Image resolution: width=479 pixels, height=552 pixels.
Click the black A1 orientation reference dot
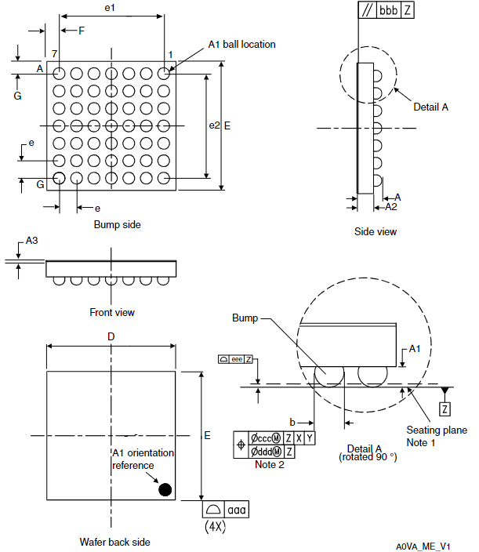[x=165, y=489]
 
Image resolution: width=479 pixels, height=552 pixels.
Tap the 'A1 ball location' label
[x=241, y=45]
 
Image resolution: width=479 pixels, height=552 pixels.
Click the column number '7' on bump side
[x=55, y=53]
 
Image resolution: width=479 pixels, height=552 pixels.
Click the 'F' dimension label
[x=81, y=31]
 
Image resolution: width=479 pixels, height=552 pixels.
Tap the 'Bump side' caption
[x=117, y=225]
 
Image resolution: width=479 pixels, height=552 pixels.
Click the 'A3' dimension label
[x=31, y=241]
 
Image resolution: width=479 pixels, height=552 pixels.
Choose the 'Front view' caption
[x=112, y=312]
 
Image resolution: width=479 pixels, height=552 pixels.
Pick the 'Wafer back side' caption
[x=114, y=542]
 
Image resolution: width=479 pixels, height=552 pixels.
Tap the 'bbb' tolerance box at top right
[x=388, y=10]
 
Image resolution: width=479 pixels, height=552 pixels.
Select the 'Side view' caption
[x=376, y=231]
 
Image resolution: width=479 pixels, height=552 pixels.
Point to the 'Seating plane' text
[x=437, y=430]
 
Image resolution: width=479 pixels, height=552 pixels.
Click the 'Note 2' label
[x=270, y=465]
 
